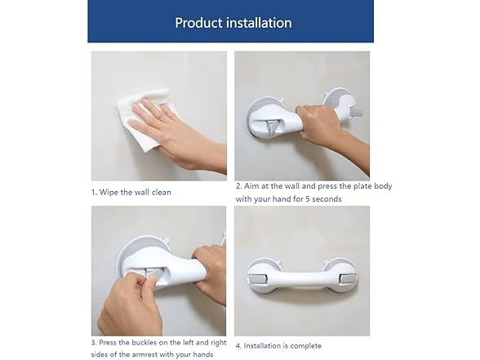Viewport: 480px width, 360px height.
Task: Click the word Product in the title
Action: click(x=198, y=23)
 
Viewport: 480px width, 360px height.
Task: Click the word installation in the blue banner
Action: click(x=259, y=23)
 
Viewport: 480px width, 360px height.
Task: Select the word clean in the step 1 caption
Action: click(x=162, y=193)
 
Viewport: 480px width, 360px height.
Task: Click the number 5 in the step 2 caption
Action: click(x=308, y=199)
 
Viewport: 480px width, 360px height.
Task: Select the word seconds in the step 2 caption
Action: click(x=327, y=199)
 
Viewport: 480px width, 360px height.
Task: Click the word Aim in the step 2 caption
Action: click(x=251, y=186)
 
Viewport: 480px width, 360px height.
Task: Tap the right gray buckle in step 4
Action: click(x=348, y=279)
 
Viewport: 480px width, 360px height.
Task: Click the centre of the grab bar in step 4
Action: click(x=302, y=278)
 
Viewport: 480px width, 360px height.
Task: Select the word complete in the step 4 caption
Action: click(x=306, y=346)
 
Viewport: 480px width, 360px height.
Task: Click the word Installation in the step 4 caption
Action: click(x=262, y=346)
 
